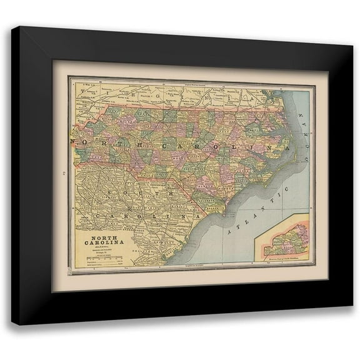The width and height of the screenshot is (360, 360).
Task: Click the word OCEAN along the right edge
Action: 306,125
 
